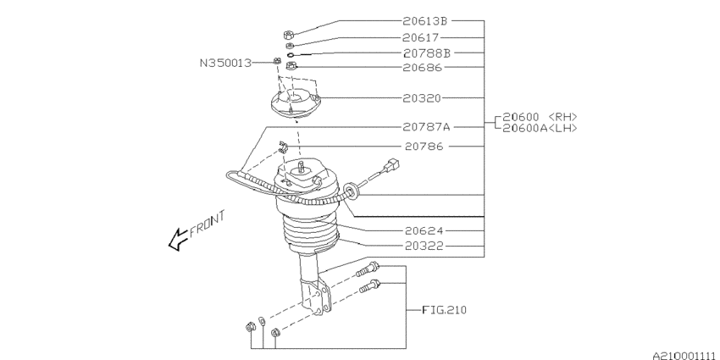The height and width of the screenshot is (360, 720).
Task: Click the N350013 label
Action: pyautogui.click(x=226, y=63)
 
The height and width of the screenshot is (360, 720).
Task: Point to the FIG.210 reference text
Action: pyautogui.click(x=444, y=311)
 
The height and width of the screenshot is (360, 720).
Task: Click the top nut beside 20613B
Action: pyautogui.click(x=289, y=35)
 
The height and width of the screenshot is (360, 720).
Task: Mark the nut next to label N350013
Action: pyautogui.click(x=278, y=60)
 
